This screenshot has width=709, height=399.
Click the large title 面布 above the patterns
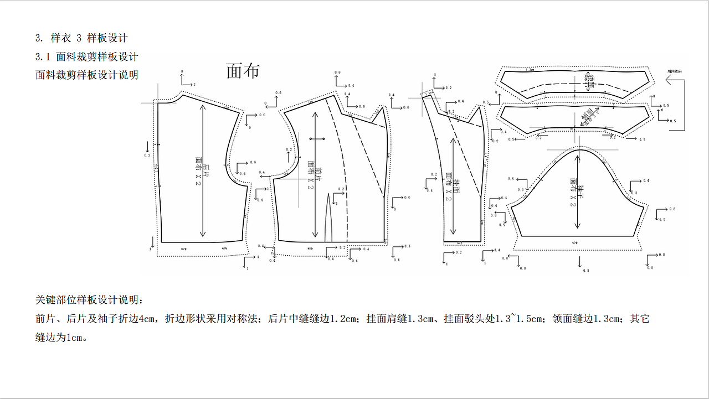(243, 71)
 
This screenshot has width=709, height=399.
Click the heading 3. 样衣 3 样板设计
(81, 38)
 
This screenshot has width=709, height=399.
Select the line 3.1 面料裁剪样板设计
(86, 56)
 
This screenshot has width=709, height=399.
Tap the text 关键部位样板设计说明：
(89, 300)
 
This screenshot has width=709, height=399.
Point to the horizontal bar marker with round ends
(317, 138)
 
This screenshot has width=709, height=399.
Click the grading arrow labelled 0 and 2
(187, 81)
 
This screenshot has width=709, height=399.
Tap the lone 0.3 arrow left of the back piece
(147, 148)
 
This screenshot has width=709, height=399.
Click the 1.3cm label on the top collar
(530, 70)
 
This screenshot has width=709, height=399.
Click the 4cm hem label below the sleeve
(573, 241)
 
